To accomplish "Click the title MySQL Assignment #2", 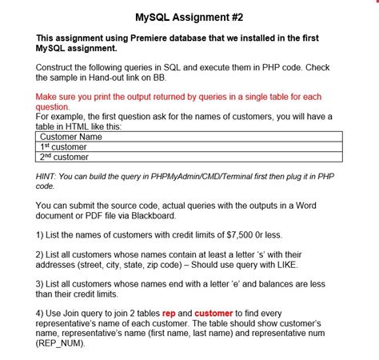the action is click(x=189, y=16).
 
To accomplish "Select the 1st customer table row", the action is click(x=63, y=147).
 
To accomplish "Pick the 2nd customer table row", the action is click(x=64, y=157).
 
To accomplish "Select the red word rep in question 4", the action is click(x=169, y=314).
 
